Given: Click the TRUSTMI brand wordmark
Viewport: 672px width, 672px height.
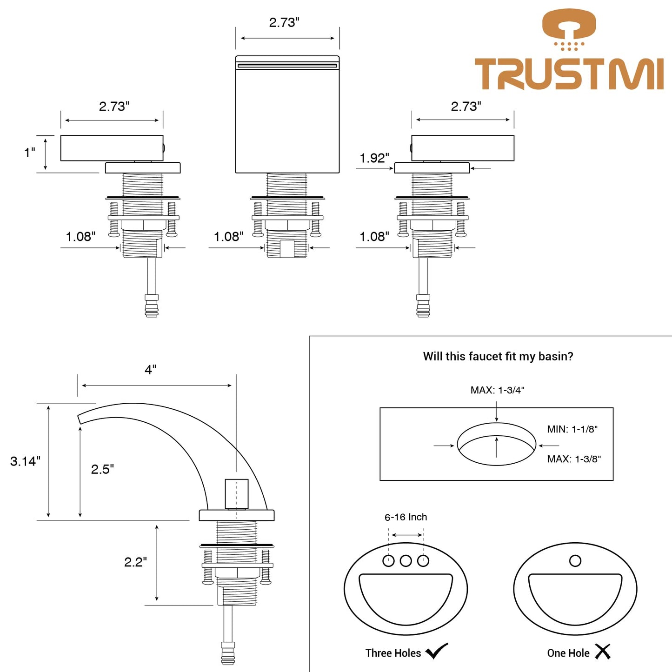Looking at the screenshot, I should pyautogui.click(x=569, y=74).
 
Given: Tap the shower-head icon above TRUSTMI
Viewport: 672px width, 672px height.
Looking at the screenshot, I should pyautogui.click(x=569, y=28).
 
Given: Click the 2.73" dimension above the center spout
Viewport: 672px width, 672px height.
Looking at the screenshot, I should pyautogui.click(x=284, y=22).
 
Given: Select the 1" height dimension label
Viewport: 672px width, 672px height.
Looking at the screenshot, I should pyautogui.click(x=29, y=153).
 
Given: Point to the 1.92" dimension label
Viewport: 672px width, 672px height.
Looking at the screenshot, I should pyautogui.click(x=374, y=158).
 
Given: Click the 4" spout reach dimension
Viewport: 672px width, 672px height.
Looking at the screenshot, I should pyautogui.click(x=150, y=370).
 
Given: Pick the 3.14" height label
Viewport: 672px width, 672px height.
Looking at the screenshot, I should pyautogui.click(x=25, y=461).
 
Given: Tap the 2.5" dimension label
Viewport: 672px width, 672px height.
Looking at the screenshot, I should pyautogui.click(x=102, y=469).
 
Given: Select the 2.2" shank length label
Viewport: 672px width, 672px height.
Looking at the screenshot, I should pyautogui.click(x=135, y=562).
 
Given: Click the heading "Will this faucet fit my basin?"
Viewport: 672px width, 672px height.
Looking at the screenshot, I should pyautogui.click(x=498, y=357).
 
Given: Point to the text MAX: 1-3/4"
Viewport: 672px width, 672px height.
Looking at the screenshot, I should pyautogui.click(x=497, y=390).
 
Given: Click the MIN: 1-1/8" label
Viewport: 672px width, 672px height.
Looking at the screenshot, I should pyautogui.click(x=572, y=429).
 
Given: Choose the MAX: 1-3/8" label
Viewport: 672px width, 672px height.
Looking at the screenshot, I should pyautogui.click(x=574, y=459).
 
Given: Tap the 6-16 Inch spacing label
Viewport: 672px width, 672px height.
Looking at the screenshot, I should pyautogui.click(x=406, y=517).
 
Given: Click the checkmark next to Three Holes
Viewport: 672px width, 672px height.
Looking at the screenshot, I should pyautogui.click(x=437, y=652).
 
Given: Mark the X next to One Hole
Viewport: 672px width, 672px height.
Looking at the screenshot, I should pyautogui.click(x=603, y=652).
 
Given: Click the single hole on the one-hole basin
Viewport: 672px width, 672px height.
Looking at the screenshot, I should pyautogui.click(x=575, y=561).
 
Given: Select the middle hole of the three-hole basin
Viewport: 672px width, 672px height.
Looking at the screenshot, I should pyautogui.click(x=406, y=561).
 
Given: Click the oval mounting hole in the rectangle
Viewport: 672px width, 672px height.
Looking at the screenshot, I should pyautogui.click(x=496, y=444).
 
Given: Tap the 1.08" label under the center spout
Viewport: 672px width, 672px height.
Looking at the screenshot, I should pyautogui.click(x=228, y=237).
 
